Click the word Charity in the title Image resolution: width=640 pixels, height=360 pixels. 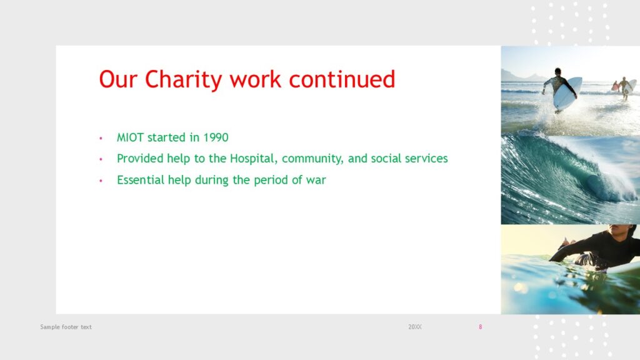pos(183,79)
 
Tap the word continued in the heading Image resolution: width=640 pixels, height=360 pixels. pos(342,79)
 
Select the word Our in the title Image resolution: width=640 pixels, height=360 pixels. pos(118,79)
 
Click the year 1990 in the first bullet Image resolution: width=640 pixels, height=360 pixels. pos(216,137)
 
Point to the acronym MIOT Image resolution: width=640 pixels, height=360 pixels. pos(130,137)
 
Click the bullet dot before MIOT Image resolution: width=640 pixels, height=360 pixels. pos(101,138)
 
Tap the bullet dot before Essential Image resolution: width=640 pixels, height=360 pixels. pos(101,181)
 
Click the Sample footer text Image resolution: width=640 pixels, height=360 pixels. pos(66,327)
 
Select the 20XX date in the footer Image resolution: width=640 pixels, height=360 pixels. pos(415,327)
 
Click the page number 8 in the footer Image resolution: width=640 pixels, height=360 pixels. pos(481,327)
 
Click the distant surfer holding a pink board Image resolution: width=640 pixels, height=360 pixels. pos(615,86)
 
